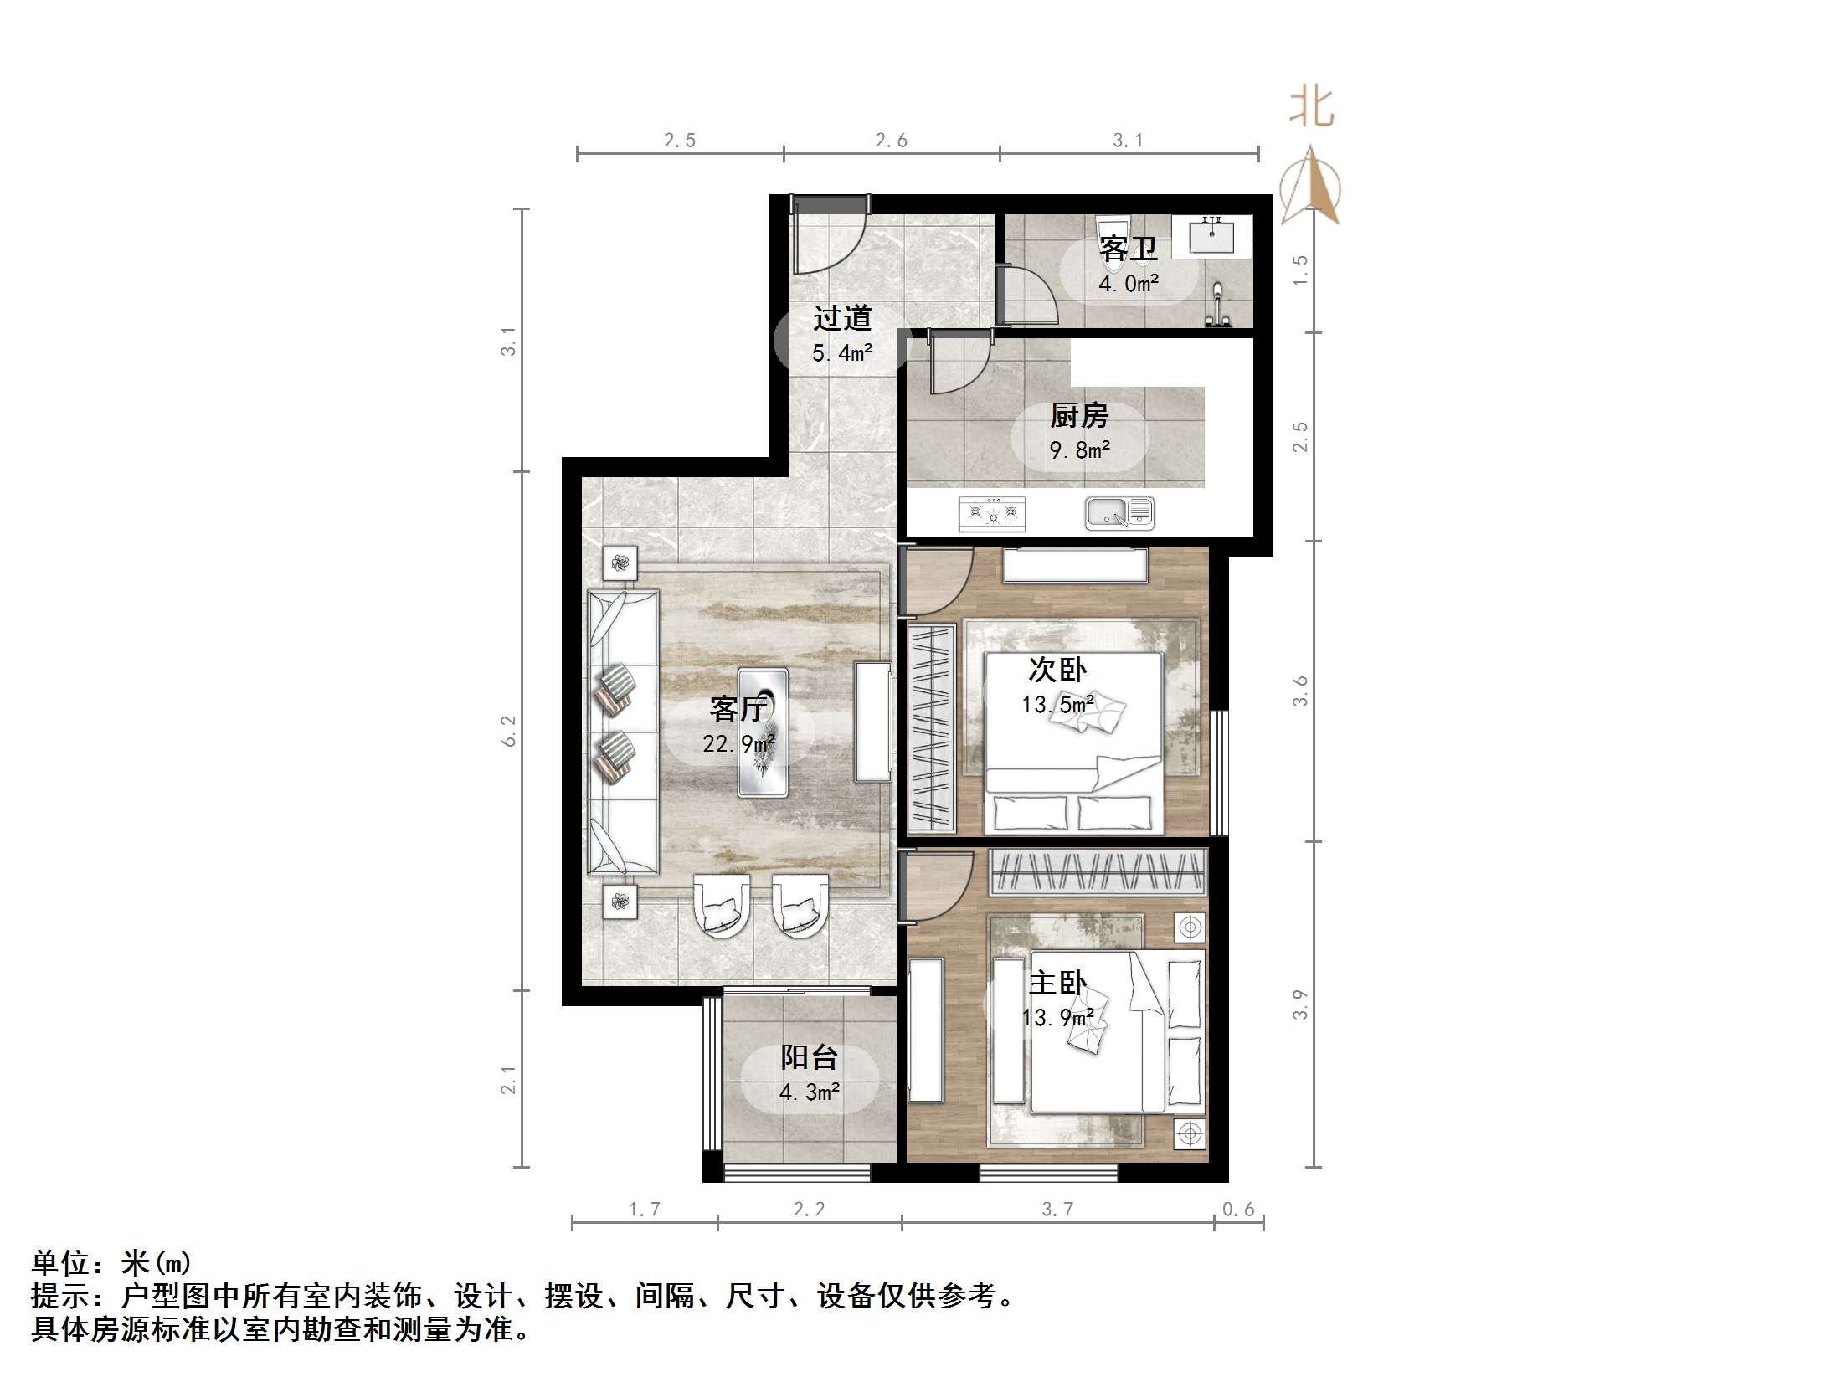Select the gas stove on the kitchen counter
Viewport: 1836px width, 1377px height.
click(992, 512)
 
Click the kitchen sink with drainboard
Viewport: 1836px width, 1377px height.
click(1119, 512)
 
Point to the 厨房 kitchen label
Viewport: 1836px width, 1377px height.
click(1079, 415)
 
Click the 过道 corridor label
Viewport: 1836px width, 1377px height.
click(842, 318)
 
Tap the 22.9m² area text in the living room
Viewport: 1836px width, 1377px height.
click(738, 743)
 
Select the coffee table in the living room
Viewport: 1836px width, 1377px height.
click(762, 732)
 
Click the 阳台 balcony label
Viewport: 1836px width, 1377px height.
click(809, 1057)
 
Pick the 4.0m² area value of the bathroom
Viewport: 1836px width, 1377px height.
click(1129, 283)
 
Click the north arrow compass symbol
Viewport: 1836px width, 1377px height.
click(1310, 186)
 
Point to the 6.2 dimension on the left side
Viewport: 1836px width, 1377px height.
click(509, 731)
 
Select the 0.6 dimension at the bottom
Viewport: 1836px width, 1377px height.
click(1238, 1209)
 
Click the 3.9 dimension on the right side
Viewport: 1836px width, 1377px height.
click(1299, 1004)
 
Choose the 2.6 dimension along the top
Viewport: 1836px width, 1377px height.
click(892, 140)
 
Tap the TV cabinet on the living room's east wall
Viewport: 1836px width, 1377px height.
click(872, 722)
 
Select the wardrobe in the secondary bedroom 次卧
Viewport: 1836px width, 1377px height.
click(931, 727)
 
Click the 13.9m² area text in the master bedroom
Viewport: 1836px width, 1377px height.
click(1058, 1018)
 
